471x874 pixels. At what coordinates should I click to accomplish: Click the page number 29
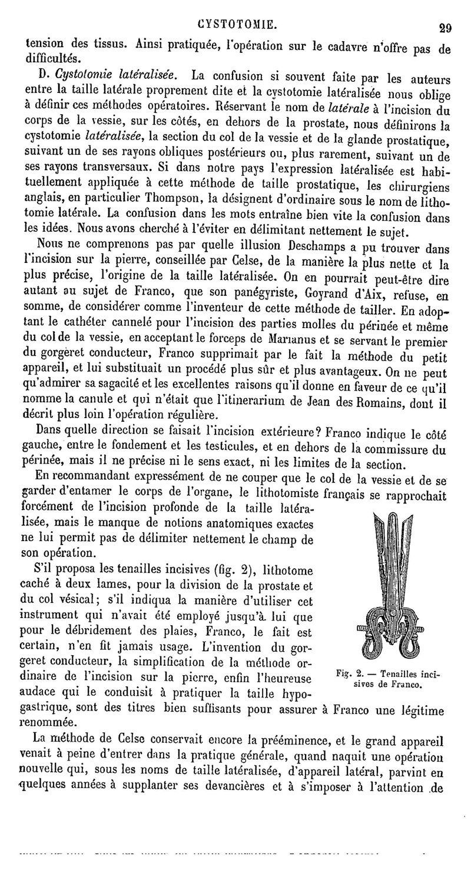(x=442, y=26)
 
